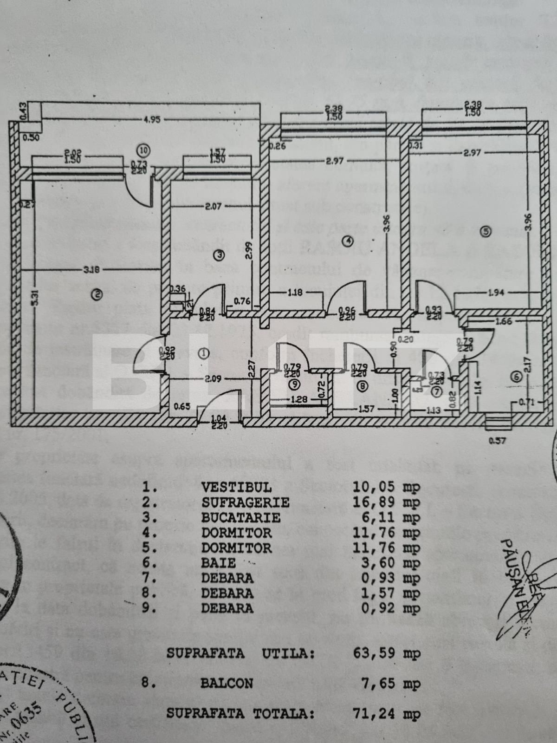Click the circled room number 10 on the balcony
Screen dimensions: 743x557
(144, 150)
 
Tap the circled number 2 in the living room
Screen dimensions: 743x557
(97, 293)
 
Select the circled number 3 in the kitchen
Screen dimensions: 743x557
(220, 254)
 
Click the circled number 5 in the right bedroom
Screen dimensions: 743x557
(486, 231)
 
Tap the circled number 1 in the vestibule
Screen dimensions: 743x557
(203, 353)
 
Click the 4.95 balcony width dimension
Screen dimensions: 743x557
(152, 119)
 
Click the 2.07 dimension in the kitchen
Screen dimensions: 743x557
(213, 206)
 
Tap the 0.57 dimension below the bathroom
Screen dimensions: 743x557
(497, 441)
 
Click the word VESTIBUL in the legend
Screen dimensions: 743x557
(236, 487)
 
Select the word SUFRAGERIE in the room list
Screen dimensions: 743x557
(245, 502)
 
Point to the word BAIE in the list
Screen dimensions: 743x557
(219, 563)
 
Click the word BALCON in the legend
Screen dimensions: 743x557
(227, 683)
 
